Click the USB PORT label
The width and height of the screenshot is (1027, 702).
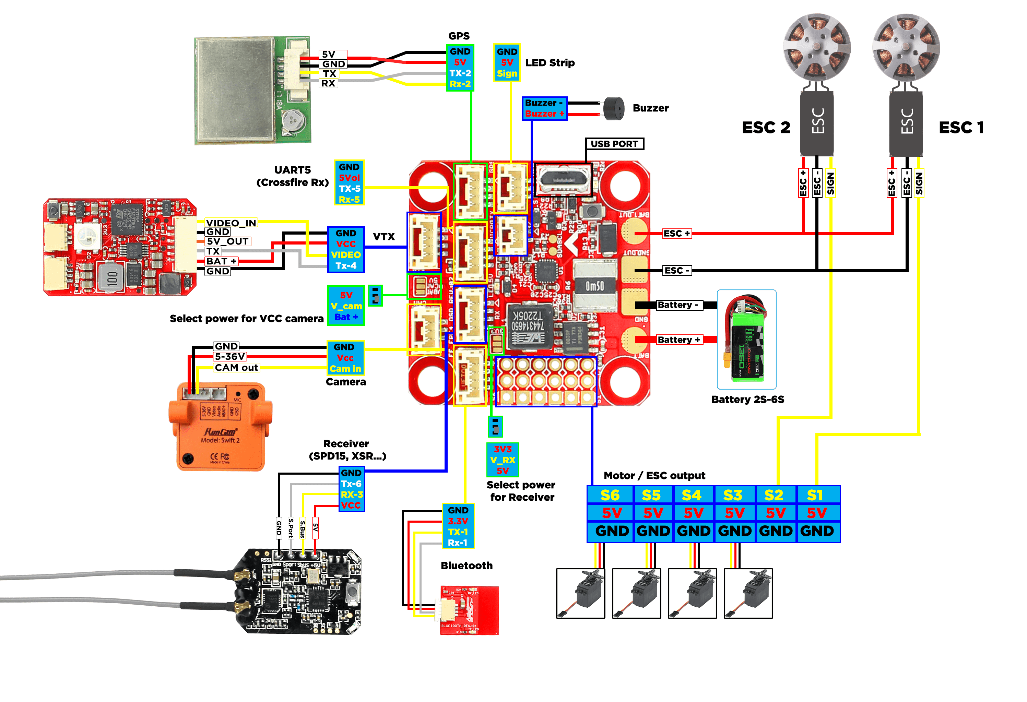click(x=614, y=144)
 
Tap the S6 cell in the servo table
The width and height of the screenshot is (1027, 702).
click(x=610, y=495)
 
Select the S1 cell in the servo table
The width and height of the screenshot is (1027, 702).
click(x=815, y=495)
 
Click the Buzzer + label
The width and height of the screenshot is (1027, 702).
click(x=544, y=114)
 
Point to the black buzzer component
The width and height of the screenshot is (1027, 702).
click(x=614, y=109)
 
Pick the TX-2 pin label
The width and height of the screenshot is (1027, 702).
click(x=460, y=73)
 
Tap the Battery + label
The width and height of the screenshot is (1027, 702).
click(x=679, y=340)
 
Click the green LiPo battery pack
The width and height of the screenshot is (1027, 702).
click(x=746, y=340)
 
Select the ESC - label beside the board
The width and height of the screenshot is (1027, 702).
click(x=676, y=270)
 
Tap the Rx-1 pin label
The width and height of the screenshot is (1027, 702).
click(x=458, y=543)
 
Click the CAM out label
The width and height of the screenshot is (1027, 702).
click(x=236, y=368)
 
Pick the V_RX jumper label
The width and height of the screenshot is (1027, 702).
click(x=503, y=460)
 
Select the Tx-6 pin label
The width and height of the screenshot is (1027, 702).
click(x=351, y=484)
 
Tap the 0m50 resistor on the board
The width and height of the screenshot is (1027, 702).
click(x=594, y=286)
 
